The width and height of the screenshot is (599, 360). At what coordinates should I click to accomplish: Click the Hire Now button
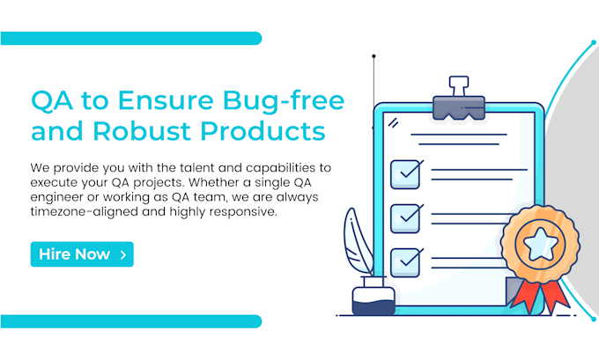(81, 254)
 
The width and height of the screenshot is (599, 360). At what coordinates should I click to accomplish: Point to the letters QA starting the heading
(48, 98)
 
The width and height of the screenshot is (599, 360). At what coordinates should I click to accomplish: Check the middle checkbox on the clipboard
(405, 216)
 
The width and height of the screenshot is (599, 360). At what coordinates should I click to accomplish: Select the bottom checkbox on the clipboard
(405, 260)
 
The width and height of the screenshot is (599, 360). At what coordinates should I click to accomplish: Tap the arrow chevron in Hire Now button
(122, 255)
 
